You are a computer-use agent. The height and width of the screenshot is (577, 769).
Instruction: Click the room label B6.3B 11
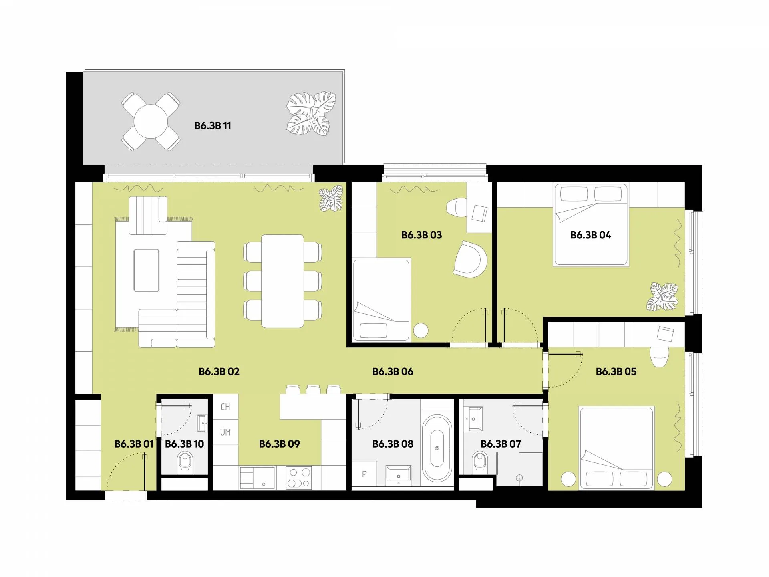(x=213, y=126)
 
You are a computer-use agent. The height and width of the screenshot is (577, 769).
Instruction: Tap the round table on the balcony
(x=151, y=121)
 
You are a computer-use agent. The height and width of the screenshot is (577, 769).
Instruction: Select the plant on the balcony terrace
(x=311, y=114)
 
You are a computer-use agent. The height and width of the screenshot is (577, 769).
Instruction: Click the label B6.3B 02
(x=219, y=372)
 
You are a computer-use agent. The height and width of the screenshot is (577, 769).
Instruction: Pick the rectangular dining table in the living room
(x=282, y=281)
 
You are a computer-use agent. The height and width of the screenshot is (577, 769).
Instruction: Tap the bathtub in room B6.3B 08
(x=437, y=448)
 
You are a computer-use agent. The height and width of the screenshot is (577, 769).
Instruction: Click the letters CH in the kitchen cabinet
(x=225, y=407)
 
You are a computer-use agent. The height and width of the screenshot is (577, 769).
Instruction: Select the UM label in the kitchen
(x=225, y=432)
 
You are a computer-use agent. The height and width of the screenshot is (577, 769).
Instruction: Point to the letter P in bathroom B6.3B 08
(x=364, y=474)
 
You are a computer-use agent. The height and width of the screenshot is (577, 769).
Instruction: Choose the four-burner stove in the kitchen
(x=299, y=478)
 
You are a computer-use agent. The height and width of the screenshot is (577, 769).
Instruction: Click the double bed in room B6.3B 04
(x=591, y=225)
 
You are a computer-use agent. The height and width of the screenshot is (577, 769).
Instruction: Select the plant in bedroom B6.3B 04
(x=662, y=297)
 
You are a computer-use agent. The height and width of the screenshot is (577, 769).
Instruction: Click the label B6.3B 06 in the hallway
(x=393, y=372)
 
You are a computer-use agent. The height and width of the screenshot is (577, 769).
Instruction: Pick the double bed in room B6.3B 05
(x=616, y=448)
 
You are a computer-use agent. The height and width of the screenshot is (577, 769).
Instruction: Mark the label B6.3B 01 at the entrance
(x=134, y=444)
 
